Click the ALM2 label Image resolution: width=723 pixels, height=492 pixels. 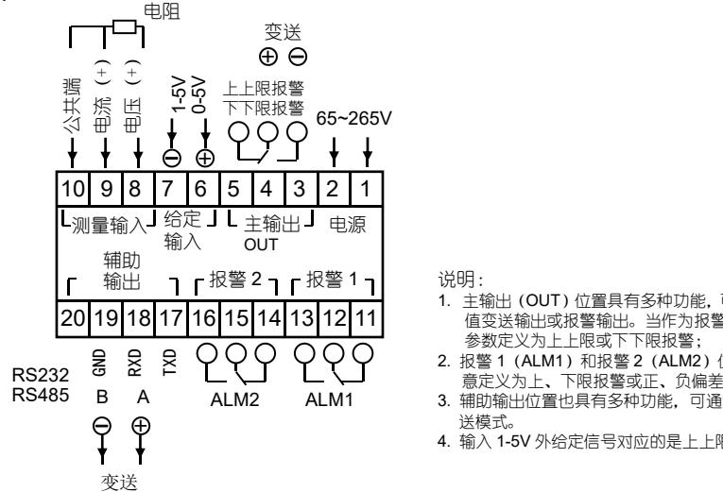(233, 373)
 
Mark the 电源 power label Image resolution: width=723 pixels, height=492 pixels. (347, 224)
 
